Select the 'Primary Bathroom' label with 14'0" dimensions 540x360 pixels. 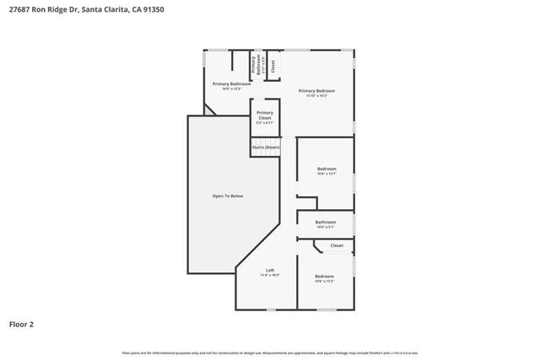tap(231, 83)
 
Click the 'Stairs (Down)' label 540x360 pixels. tap(265, 148)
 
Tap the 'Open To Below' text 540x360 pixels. tap(227, 196)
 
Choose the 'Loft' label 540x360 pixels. tap(270, 270)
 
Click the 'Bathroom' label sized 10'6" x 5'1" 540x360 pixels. tap(326, 222)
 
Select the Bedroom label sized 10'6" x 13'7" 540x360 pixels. tap(327, 169)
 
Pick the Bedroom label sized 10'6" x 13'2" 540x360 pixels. tap(325, 276)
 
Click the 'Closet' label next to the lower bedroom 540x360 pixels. tap(337, 245)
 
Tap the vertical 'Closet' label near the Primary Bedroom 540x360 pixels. tap(273, 64)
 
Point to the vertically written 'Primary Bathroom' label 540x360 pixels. tap(252, 65)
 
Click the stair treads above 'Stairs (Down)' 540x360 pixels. tap(265, 139)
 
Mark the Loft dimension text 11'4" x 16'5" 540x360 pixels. tap(270, 275)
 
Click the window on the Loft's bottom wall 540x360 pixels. tap(270, 309)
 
